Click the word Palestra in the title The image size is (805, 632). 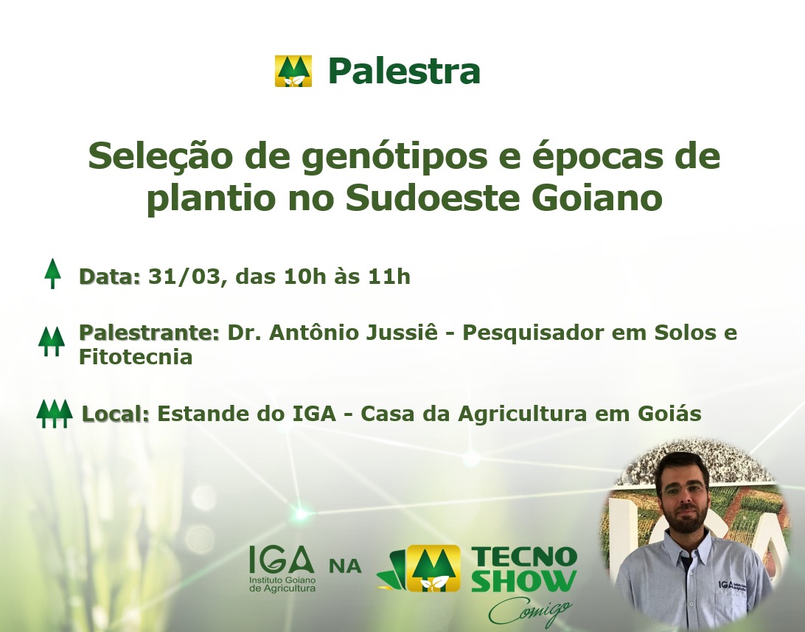coord(404,71)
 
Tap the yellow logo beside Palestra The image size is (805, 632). coord(293,71)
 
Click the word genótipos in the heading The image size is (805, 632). coord(394,157)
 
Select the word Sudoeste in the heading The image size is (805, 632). coord(433,198)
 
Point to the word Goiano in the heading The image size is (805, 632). coord(597,198)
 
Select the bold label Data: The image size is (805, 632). coord(109,277)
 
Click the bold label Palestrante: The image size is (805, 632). coord(149,333)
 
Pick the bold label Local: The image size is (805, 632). coord(116,413)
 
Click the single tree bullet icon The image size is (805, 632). coord(52,273)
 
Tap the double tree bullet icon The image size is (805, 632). coord(52,341)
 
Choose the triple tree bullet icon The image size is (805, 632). coord(55,413)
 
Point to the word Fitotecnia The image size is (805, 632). coord(136,357)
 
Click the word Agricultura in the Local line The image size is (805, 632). coord(522,413)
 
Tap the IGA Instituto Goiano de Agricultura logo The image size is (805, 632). coord(282,569)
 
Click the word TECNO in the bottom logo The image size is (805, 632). coord(524,556)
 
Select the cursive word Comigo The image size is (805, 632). coord(530,611)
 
